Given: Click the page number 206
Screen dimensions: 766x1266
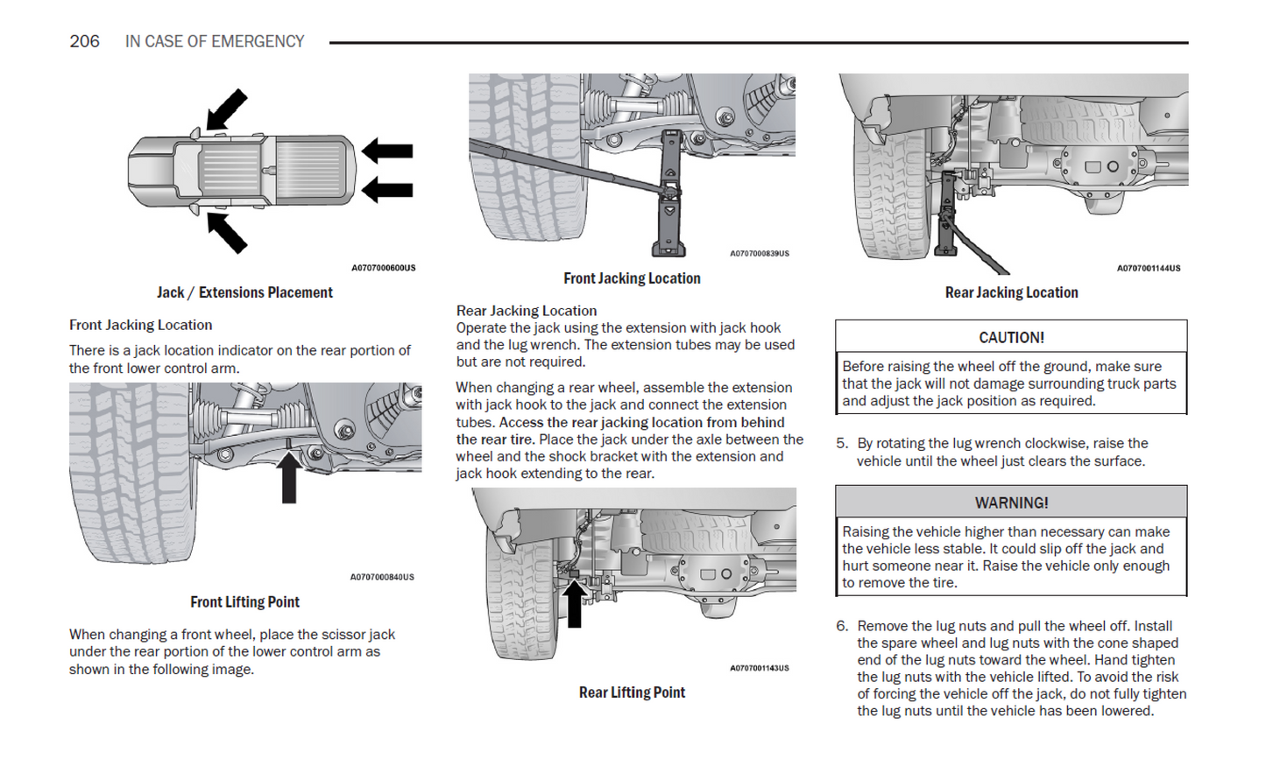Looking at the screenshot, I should (x=84, y=41).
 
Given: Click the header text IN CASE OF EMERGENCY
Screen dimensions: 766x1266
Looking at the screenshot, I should (x=215, y=41).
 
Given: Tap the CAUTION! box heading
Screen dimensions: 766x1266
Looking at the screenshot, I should (x=1011, y=337).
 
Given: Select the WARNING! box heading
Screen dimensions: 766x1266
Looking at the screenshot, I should (x=1011, y=502).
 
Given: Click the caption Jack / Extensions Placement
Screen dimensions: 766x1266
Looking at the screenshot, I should (x=244, y=292).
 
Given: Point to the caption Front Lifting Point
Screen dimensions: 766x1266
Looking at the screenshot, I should (x=244, y=602).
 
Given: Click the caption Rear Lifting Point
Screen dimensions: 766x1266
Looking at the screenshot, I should (x=632, y=692).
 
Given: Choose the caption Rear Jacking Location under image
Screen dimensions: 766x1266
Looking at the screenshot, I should (x=1011, y=292).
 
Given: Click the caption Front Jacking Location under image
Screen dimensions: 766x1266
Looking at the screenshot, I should (x=632, y=278).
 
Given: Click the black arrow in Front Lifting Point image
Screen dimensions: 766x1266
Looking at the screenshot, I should (x=288, y=477).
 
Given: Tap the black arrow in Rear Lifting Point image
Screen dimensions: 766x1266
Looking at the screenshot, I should (x=574, y=603).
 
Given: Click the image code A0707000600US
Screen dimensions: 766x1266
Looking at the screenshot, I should (x=383, y=268).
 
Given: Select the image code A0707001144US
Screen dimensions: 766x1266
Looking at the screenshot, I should (x=1148, y=268).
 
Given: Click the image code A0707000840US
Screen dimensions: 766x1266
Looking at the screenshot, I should (x=382, y=577).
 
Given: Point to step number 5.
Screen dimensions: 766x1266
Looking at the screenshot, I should (x=841, y=444).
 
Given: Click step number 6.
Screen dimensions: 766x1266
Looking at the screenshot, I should (x=841, y=626).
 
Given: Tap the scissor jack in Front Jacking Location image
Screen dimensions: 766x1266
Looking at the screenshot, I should (x=670, y=197).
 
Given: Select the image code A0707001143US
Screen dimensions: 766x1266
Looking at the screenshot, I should (x=759, y=668).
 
